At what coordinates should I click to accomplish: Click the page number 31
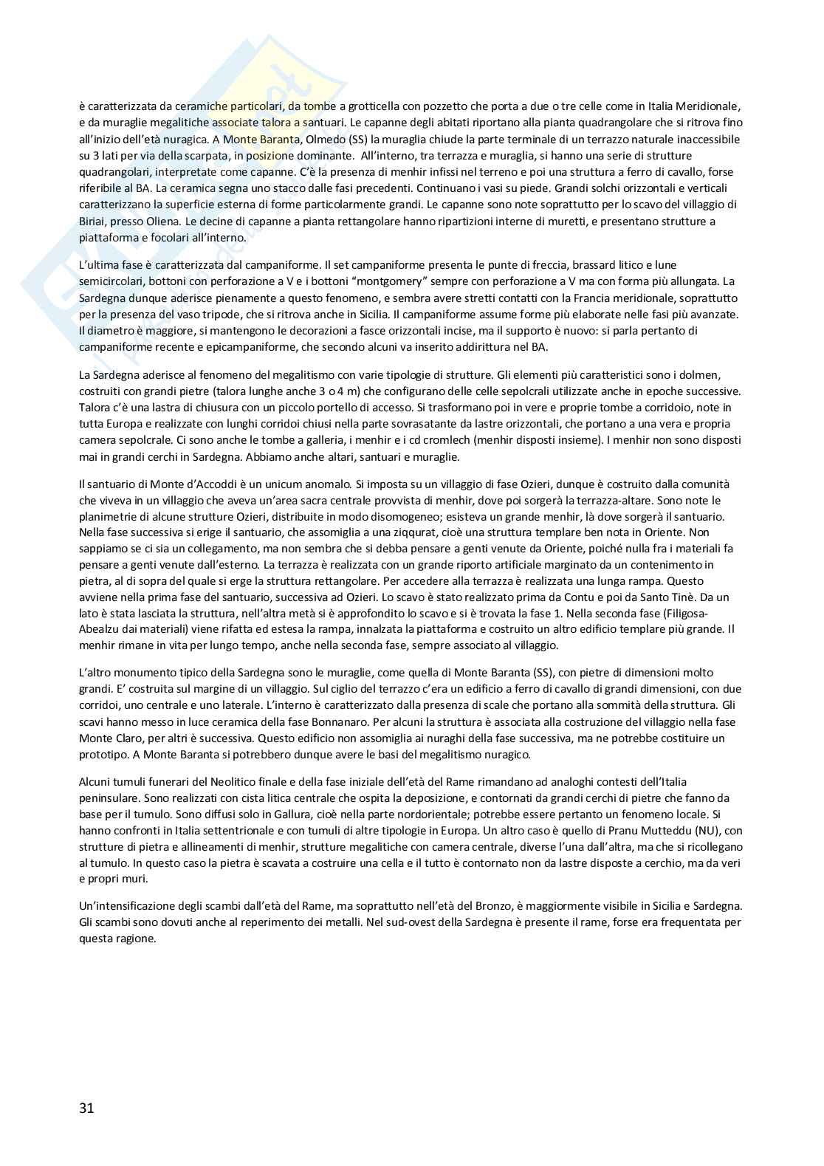click(86, 1108)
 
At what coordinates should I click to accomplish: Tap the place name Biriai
click(93, 221)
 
